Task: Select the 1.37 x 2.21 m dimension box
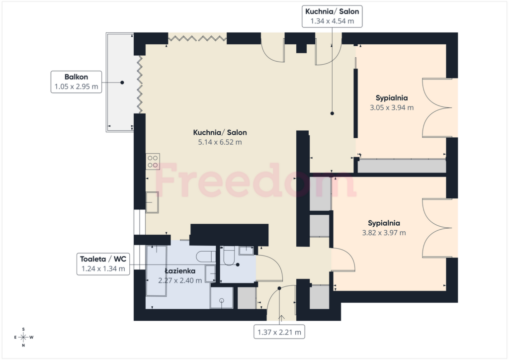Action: click(x=279, y=332)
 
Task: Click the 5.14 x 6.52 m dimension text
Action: click(x=220, y=142)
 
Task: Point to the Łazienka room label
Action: click(x=180, y=271)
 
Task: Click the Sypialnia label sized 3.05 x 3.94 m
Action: click(x=392, y=98)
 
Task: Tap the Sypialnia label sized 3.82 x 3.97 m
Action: click(x=384, y=223)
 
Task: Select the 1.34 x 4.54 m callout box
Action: click(x=332, y=16)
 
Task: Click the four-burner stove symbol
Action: click(x=153, y=161)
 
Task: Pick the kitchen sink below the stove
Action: click(x=152, y=202)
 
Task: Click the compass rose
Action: click(x=23, y=337)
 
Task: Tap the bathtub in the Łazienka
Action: click(x=157, y=270)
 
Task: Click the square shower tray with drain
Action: click(x=221, y=298)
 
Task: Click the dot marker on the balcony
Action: click(x=122, y=83)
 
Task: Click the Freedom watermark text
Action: click(x=255, y=180)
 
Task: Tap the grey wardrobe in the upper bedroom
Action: click(x=402, y=166)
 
